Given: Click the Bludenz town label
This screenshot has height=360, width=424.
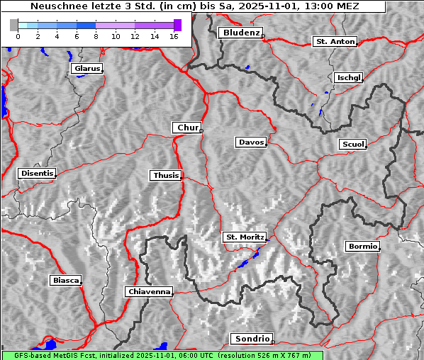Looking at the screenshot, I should point(240,33).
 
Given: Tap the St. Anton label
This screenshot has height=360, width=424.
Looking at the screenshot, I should point(335,42).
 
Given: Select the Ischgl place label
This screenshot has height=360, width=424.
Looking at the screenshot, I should point(348,77).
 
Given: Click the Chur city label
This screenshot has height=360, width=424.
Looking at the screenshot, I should point(187,128).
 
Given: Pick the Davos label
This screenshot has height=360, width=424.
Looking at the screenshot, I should point(251,142).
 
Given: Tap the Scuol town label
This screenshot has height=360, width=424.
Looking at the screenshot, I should point(352,145).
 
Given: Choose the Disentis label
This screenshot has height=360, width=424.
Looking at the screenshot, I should point(37,173).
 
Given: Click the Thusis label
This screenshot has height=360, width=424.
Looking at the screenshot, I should point(166,175).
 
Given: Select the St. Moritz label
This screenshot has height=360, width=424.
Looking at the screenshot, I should point(244,237).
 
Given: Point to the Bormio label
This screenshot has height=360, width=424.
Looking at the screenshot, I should point(362,247).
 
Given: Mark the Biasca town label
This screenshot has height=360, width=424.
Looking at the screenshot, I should point(66,280).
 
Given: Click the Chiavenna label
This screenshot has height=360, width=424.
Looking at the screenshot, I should point(149,291).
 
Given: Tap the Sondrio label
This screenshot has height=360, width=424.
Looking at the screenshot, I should point(251,339).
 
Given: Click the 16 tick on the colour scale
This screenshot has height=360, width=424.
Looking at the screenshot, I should point(174,35).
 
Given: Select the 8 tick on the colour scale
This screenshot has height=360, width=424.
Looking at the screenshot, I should point(96,35).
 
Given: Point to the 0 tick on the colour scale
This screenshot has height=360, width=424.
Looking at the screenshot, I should point(18,35).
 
